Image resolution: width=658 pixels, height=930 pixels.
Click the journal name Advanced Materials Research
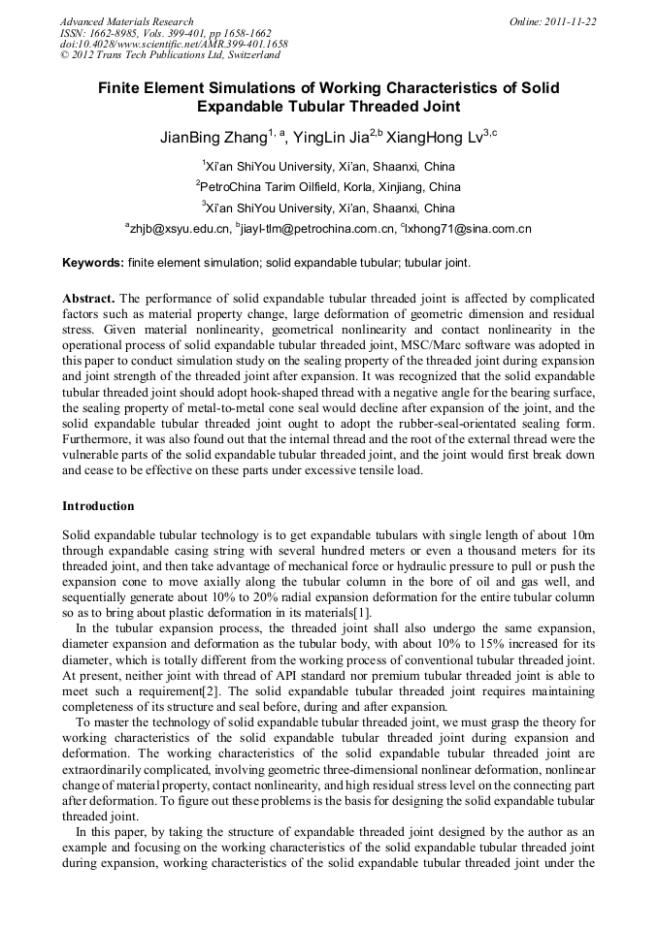(126, 21)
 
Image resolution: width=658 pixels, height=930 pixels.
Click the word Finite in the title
(123, 88)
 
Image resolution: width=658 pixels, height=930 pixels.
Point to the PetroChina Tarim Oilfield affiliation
(330, 187)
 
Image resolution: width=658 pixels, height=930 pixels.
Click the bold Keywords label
(93, 263)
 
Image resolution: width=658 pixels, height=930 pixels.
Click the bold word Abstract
(88, 298)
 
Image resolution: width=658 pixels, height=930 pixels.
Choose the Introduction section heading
(98, 506)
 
